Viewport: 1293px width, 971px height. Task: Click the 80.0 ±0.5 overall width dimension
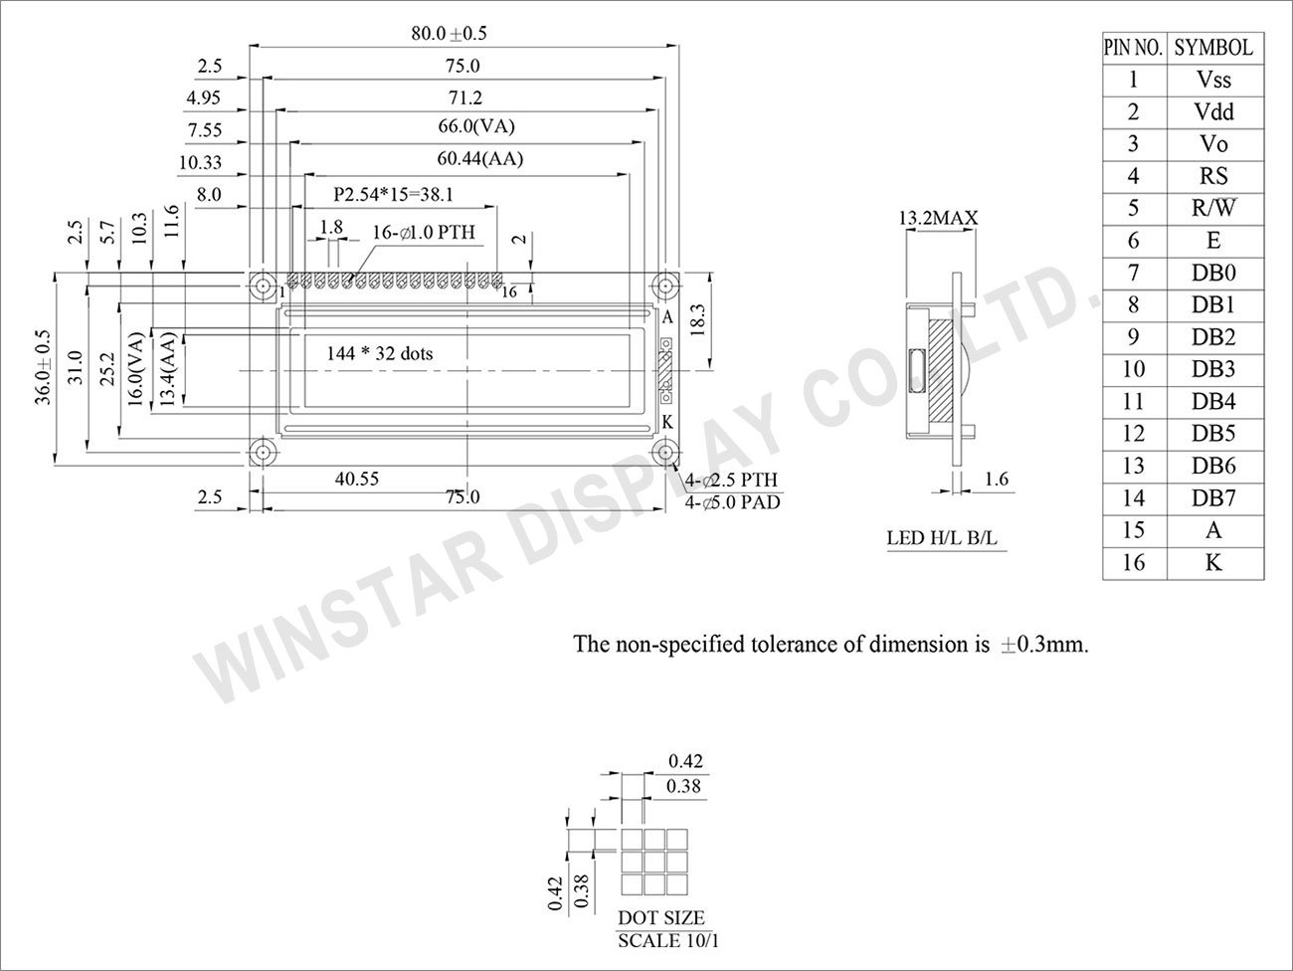[x=449, y=33]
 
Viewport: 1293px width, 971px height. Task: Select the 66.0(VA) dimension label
[x=476, y=126]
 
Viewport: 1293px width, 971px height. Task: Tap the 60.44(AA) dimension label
[x=480, y=159]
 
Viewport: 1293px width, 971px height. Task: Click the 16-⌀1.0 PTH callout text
[x=424, y=232]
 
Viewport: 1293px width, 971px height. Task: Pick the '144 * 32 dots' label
[x=380, y=353]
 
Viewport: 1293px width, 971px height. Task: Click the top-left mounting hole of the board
[x=263, y=286]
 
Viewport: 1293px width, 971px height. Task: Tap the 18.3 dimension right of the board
[x=695, y=321]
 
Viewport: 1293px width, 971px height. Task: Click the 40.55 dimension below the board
[x=356, y=480]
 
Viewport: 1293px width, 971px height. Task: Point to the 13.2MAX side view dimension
[x=938, y=218]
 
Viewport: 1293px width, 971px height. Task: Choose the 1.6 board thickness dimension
[x=996, y=480]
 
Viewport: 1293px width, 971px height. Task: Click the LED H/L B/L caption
[x=941, y=539]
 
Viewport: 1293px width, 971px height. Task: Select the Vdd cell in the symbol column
[x=1212, y=112]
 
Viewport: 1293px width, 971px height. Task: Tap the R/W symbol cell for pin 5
[x=1212, y=209]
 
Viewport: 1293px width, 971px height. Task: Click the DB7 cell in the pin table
[x=1212, y=498]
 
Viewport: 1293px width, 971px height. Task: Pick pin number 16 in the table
[x=1133, y=562]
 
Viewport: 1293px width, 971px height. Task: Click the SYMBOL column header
[x=1212, y=48]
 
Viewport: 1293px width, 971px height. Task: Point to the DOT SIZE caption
[x=660, y=917]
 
